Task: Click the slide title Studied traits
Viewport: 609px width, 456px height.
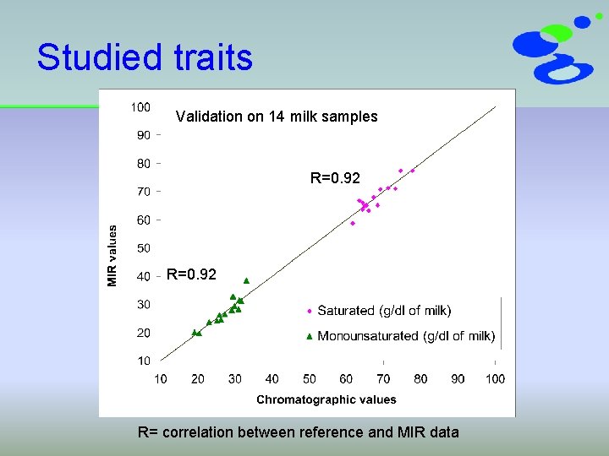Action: click(x=145, y=57)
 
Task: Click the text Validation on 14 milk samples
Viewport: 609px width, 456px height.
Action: click(x=276, y=117)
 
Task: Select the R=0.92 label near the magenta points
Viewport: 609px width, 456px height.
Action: click(x=335, y=178)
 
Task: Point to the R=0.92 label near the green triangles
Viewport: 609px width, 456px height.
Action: click(x=191, y=274)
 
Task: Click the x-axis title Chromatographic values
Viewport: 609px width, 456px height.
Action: click(x=326, y=399)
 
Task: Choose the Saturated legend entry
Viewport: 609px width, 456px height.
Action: click(x=378, y=311)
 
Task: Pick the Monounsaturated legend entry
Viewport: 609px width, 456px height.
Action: click(x=399, y=336)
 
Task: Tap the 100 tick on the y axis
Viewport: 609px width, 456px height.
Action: click(x=140, y=107)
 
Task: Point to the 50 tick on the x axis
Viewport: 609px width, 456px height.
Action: click(x=310, y=379)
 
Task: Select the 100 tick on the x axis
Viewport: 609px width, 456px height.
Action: click(x=495, y=379)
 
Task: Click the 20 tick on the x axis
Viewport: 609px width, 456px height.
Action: click(x=198, y=379)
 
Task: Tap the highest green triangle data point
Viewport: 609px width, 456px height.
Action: click(x=246, y=280)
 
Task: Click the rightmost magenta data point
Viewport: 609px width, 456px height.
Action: click(x=413, y=171)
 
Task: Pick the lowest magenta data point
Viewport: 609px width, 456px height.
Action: click(x=353, y=223)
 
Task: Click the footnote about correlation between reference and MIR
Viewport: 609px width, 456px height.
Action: click(x=298, y=432)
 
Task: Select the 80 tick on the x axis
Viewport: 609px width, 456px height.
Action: click(x=420, y=379)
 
